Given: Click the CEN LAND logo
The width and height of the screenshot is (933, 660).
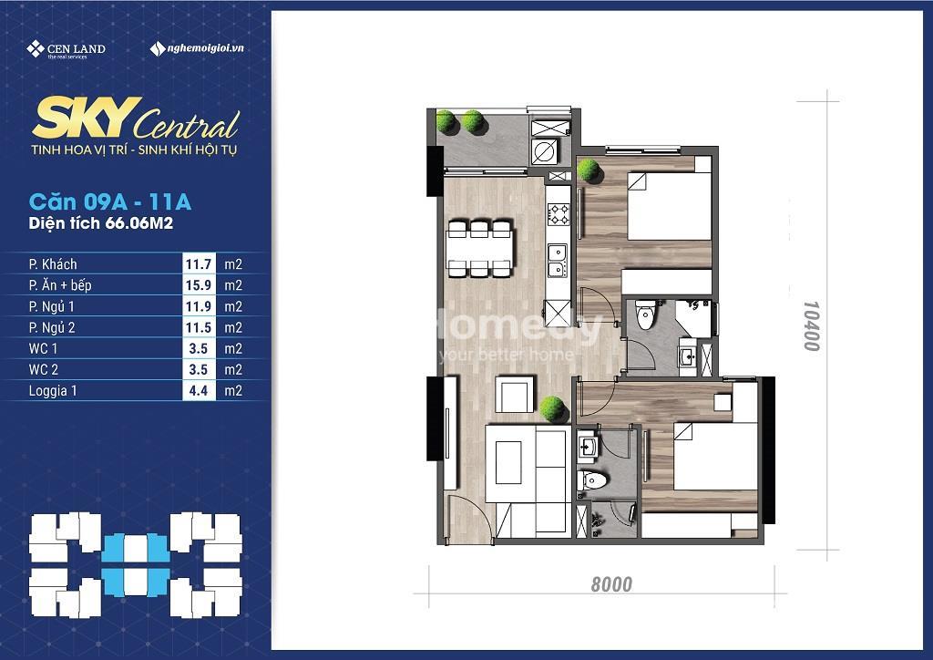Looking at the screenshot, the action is click(66, 49).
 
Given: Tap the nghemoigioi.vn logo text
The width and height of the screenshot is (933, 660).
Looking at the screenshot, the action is click(197, 49).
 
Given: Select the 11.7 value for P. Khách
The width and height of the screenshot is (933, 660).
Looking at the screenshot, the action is click(198, 264).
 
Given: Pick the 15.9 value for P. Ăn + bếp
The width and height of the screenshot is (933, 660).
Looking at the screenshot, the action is click(198, 285).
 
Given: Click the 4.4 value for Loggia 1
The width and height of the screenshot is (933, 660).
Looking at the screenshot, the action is click(198, 391).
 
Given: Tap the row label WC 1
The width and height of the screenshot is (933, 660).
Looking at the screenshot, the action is click(43, 349).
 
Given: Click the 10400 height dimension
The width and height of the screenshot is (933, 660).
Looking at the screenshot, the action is click(811, 325).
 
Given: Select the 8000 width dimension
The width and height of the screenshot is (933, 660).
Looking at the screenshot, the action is click(611, 583).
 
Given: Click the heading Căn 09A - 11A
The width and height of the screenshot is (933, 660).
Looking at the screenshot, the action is click(110, 201).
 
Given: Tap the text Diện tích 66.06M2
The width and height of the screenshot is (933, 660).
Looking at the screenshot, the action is click(100, 223).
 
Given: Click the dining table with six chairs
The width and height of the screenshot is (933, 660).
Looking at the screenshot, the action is click(479, 248).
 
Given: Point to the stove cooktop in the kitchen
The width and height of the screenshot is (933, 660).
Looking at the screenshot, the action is click(559, 214).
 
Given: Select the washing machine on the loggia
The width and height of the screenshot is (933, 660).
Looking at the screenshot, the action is click(545, 151).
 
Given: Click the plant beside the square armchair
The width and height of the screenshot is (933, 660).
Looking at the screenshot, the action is click(552, 409).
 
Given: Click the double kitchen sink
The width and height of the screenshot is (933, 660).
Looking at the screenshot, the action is click(558, 261).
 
